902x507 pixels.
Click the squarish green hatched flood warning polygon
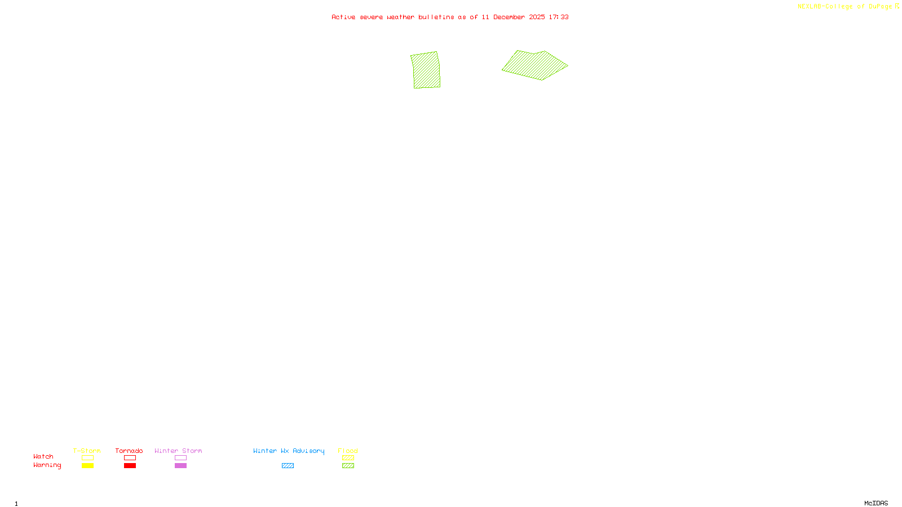426,70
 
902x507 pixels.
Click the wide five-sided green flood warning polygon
534,65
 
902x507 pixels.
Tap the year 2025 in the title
537,17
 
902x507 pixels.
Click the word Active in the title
343,17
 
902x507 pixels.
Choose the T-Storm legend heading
87,451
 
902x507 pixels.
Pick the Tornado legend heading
129,451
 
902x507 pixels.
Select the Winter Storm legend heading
178,451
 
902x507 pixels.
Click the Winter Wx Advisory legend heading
289,451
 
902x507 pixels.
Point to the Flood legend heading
348,451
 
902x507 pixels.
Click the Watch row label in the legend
43,456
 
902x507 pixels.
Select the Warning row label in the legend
47,465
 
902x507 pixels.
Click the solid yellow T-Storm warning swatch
87,466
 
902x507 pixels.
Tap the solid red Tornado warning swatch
130,466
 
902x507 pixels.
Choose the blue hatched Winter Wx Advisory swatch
288,466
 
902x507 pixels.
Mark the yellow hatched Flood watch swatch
348,458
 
